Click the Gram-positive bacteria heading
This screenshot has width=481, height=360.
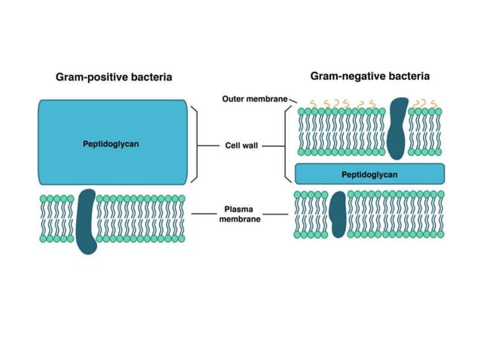114,77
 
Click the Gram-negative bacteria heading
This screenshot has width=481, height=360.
369,76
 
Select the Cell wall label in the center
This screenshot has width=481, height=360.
240,145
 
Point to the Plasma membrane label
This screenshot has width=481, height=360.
240,214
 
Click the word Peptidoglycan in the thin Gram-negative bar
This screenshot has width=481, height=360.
369,174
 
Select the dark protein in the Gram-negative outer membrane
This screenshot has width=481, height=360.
396,128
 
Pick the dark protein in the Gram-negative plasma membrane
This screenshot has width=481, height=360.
339,214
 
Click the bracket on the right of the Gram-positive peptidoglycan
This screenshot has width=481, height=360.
197,144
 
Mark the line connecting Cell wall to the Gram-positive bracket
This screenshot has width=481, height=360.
210,145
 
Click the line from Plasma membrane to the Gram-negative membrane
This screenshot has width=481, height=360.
276,214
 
